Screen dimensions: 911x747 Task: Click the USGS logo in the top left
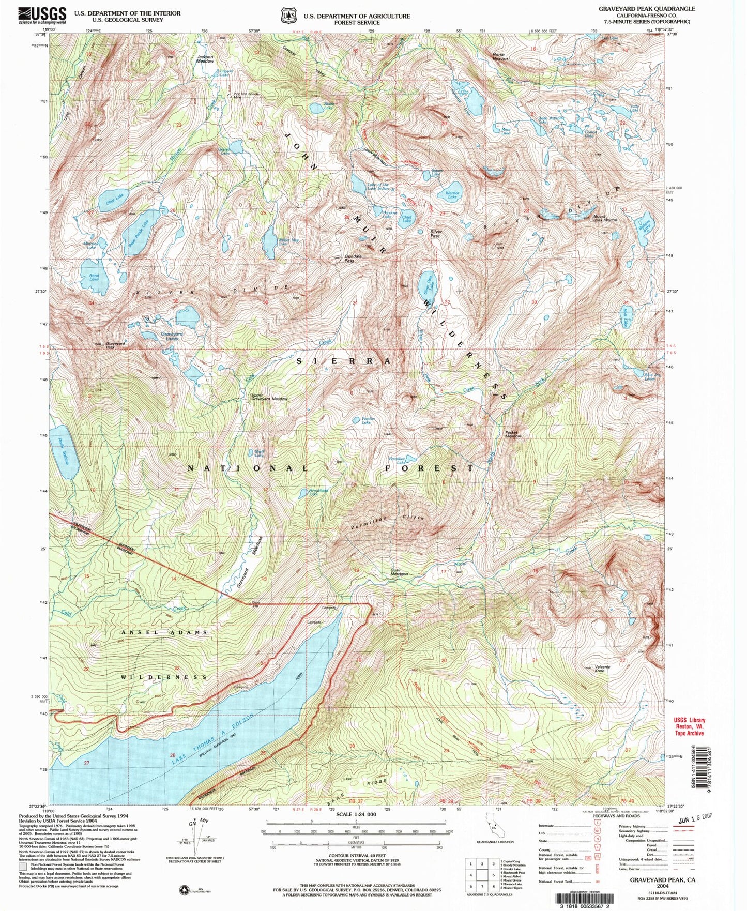[42, 15]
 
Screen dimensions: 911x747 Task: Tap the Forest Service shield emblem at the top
[287, 16]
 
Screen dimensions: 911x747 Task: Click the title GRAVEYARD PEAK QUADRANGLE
[646, 9]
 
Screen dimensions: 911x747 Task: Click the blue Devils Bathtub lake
[66, 452]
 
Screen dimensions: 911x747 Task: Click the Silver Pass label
[436, 233]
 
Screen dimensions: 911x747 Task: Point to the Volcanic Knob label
[602, 669]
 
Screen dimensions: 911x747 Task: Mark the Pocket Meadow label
[513, 434]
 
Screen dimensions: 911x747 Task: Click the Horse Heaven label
[500, 56]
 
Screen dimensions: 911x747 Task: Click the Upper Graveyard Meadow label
[269, 397]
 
